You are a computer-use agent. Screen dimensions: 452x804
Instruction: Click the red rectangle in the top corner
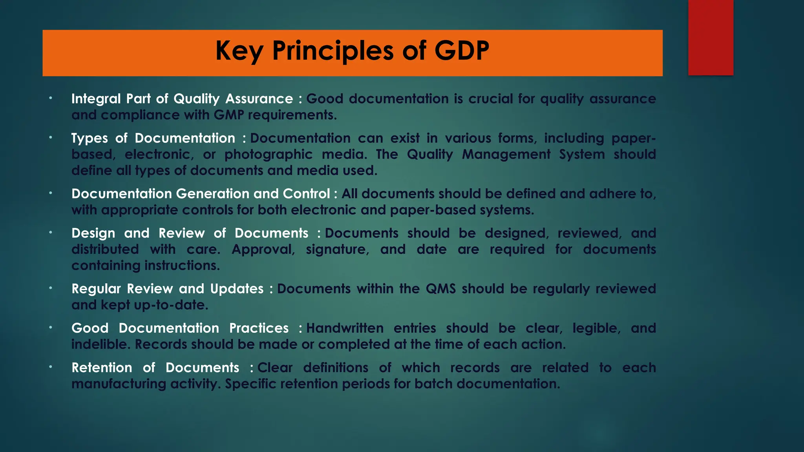711,37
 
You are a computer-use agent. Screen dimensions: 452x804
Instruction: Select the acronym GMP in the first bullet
229,115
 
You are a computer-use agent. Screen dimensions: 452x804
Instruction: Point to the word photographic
268,155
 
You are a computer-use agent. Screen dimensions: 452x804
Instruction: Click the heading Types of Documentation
153,138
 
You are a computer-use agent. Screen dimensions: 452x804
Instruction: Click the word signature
337,250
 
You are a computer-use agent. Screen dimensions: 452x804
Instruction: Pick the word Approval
263,250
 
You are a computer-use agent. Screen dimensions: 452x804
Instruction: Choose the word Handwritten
345,328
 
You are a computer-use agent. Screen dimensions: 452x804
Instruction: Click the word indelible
101,344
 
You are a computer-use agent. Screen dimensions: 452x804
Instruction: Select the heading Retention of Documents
155,368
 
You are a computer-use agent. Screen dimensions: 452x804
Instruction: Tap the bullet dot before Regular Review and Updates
51,288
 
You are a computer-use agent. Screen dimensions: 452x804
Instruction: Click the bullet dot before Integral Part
51,98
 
